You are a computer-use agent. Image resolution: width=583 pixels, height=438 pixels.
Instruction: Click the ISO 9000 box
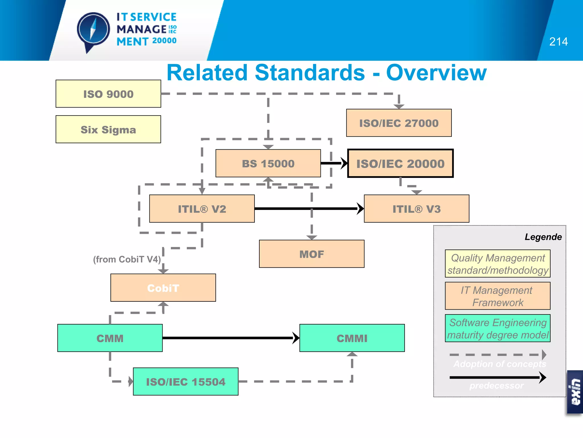(x=108, y=94)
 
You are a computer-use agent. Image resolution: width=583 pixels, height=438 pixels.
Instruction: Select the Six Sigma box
(x=108, y=129)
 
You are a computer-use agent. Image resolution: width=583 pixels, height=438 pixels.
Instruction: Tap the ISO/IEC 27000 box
(x=399, y=123)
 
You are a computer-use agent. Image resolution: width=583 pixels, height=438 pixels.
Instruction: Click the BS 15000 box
(x=268, y=163)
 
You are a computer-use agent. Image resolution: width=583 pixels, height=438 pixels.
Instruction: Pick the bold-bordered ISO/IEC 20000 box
(x=400, y=163)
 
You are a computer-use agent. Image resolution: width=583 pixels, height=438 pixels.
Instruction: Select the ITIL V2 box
(x=202, y=209)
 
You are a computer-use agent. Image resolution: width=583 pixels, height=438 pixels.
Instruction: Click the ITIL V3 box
(x=416, y=209)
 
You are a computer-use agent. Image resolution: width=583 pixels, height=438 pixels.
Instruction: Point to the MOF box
(x=311, y=254)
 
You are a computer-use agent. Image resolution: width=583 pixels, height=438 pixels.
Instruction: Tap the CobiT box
(x=163, y=288)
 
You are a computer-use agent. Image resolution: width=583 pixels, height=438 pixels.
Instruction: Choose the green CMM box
(x=110, y=338)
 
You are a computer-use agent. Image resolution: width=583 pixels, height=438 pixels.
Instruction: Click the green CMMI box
(x=352, y=338)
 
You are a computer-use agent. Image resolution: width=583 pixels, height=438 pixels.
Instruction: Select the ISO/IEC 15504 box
(x=186, y=382)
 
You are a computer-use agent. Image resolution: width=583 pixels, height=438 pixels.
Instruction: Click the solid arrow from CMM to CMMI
(x=228, y=338)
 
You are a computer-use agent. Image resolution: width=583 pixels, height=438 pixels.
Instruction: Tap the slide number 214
(x=558, y=42)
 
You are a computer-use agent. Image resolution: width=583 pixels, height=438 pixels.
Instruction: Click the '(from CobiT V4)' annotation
(x=127, y=259)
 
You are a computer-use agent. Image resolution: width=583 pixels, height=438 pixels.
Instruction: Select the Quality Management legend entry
(x=498, y=264)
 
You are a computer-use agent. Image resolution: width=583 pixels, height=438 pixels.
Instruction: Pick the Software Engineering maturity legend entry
(x=498, y=328)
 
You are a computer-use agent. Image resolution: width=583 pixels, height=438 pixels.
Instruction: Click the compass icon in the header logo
(x=93, y=30)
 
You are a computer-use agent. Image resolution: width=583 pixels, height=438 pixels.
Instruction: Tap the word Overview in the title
(x=436, y=73)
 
